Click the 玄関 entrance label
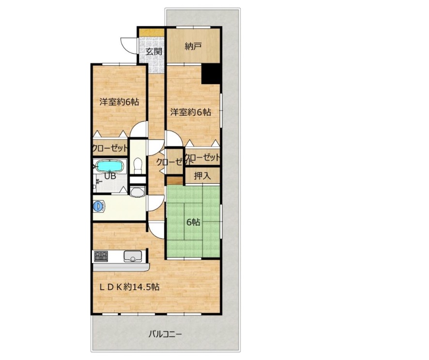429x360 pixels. pos(154,51)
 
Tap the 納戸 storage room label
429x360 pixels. pos(193,47)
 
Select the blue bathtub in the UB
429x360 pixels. pos(110,166)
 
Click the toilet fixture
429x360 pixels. pos(138,166)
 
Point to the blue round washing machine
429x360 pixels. pos(98,206)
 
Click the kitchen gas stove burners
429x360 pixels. pos(101,256)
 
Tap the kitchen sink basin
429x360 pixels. pos(133,256)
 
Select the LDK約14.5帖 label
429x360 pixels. pos(129,287)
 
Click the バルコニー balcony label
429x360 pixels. pos(165,334)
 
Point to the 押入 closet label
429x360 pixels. pos(202,176)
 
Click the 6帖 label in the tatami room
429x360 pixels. pos(193,222)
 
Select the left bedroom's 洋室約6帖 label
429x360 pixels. pos(119,102)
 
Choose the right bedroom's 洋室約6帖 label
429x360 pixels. pos(191,112)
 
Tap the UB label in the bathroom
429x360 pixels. pos(110,176)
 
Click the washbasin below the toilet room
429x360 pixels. pos(138,192)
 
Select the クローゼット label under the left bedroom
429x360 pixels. pos(110,148)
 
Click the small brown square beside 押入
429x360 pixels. pos(175,181)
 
